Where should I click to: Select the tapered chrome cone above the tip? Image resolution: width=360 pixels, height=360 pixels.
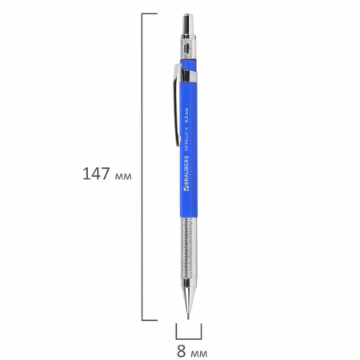(189, 287)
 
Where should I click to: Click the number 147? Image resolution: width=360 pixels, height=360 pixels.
(97, 173)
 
